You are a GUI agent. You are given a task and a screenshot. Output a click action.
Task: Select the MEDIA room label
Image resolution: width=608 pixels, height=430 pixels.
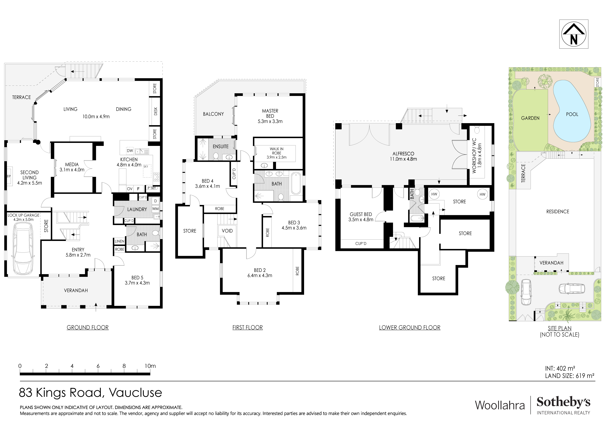(x=72, y=165)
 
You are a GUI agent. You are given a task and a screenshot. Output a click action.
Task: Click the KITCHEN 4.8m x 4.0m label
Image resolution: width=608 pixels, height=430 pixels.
(x=129, y=162)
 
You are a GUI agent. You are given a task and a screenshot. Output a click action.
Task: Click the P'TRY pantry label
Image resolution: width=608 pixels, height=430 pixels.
(x=152, y=188)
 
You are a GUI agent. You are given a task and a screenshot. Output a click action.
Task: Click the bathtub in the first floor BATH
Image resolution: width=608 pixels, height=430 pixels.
(x=296, y=183)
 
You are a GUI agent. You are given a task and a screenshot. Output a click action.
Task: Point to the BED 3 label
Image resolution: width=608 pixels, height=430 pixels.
(x=294, y=223)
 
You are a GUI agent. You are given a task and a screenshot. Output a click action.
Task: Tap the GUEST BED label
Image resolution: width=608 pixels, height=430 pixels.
(x=361, y=214)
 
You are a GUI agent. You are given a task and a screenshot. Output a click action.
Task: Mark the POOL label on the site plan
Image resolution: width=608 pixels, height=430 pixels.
(x=572, y=114)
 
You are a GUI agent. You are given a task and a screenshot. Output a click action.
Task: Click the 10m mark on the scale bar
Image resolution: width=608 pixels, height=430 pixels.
(x=150, y=366)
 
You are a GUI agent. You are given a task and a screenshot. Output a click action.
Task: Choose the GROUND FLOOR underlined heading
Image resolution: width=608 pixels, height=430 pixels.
(x=88, y=327)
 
